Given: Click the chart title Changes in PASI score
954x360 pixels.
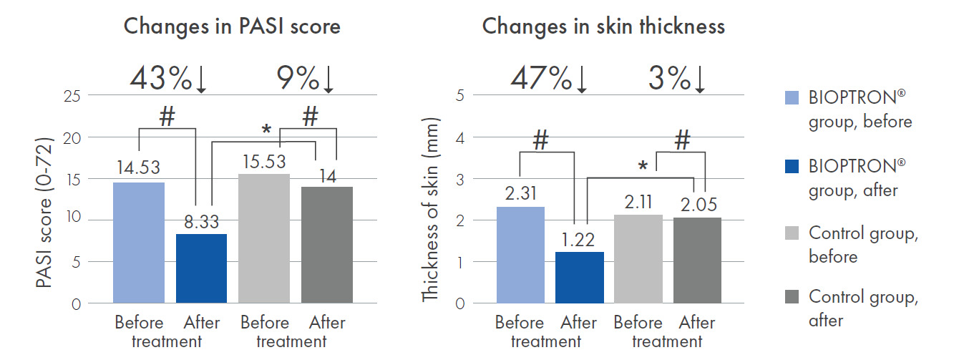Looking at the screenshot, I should [x=232, y=26].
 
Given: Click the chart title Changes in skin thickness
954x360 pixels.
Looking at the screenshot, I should [x=603, y=26].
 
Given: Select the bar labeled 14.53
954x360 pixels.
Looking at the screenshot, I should [x=138, y=243].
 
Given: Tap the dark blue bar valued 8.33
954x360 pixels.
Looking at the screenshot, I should [x=201, y=268].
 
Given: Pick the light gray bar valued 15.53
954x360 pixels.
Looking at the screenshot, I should [x=264, y=238].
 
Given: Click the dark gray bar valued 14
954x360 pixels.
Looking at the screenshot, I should [x=327, y=245].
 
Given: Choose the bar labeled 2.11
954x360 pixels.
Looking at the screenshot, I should [x=638, y=258].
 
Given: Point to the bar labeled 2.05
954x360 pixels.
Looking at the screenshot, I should [x=698, y=260].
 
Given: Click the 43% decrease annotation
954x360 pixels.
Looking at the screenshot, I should [x=169, y=79].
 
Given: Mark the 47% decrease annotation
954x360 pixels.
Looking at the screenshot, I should [x=550, y=79].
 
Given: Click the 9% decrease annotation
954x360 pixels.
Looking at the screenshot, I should [x=306, y=79].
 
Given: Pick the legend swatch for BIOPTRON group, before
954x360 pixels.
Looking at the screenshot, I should [x=791, y=97].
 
